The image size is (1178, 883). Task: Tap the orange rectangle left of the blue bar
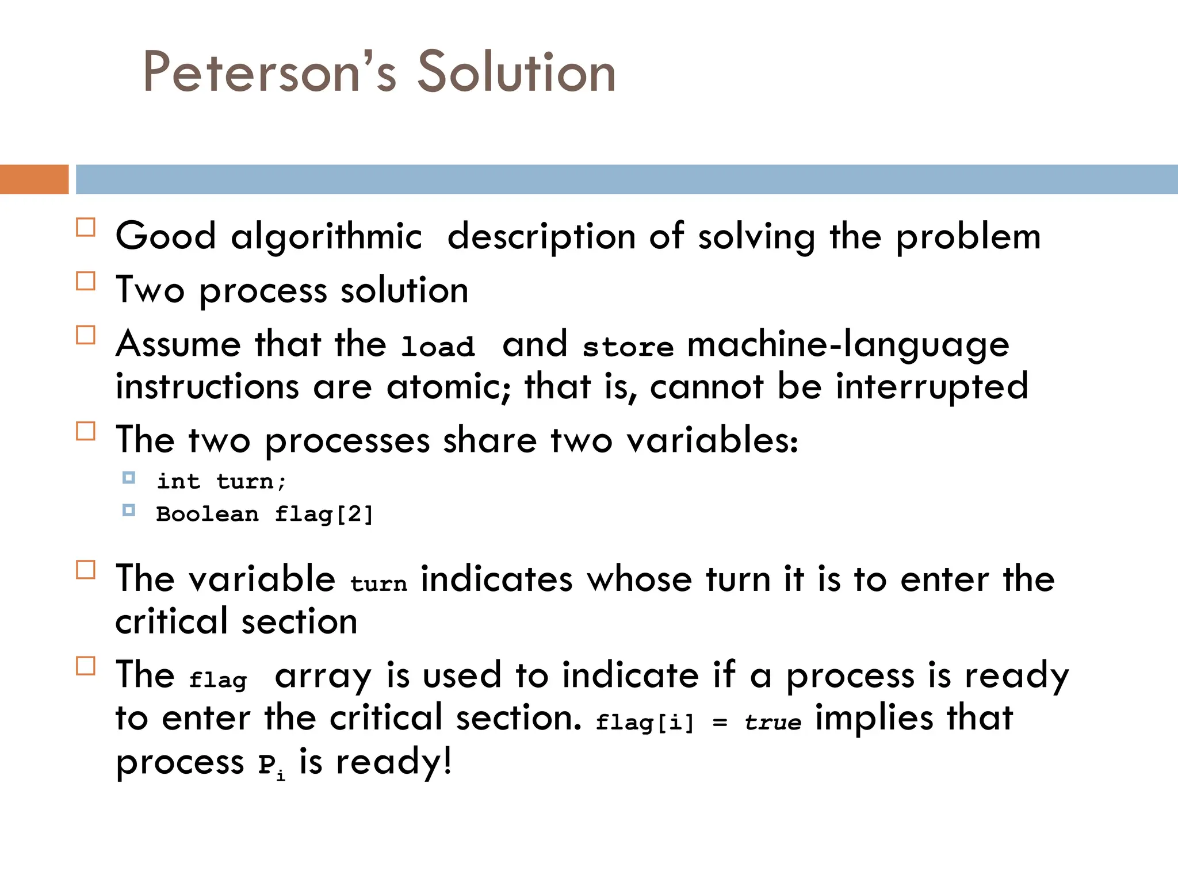tap(34, 179)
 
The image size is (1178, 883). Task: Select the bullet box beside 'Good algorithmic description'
tap(86, 228)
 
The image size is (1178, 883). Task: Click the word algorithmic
tap(326, 236)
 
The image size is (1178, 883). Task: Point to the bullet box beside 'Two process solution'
tap(86, 281)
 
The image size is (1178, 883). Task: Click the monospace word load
tap(438, 347)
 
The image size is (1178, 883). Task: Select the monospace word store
tap(628, 347)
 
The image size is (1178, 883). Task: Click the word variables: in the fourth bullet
tap(712, 440)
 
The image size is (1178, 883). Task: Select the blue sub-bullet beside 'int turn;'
tap(129, 478)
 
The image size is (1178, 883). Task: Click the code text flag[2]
tap(324, 514)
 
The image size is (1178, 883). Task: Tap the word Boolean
tap(207, 514)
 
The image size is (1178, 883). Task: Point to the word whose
tap(639, 579)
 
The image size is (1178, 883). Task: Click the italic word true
tap(772, 722)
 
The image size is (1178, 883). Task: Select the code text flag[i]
tap(645, 722)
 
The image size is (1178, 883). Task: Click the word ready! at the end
tap(393, 762)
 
